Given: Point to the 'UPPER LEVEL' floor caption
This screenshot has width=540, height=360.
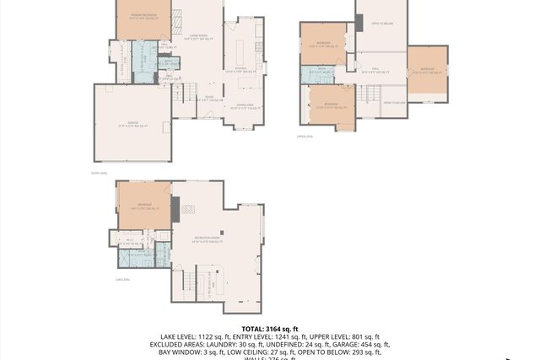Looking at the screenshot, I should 305,135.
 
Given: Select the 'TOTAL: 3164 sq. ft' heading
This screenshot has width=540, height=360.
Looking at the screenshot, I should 269,329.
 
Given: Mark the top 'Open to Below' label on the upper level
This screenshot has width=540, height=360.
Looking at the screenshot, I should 381,24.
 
